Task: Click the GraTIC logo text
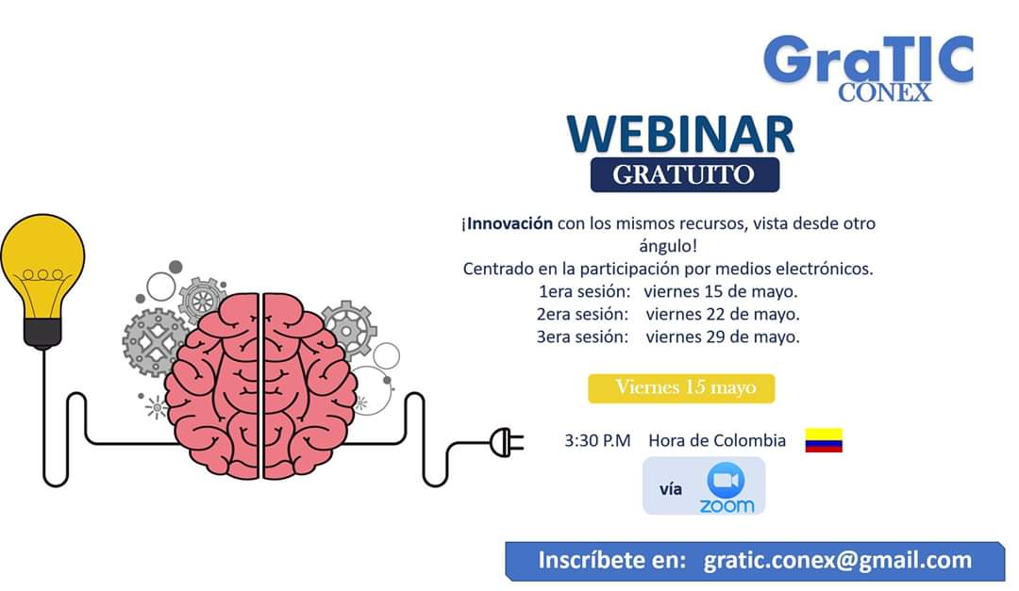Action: tap(868, 59)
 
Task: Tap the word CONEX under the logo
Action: tap(884, 91)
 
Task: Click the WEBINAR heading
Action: tap(680, 134)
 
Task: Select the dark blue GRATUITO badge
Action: tap(684, 174)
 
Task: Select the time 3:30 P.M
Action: tap(597, 440)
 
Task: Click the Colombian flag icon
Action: tap(823, 440)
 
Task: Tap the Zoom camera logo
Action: tap(726, 481)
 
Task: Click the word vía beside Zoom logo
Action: tap(671, 489)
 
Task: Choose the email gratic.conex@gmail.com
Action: tap(837, 560)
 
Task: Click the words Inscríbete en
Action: tap(611, 560)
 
